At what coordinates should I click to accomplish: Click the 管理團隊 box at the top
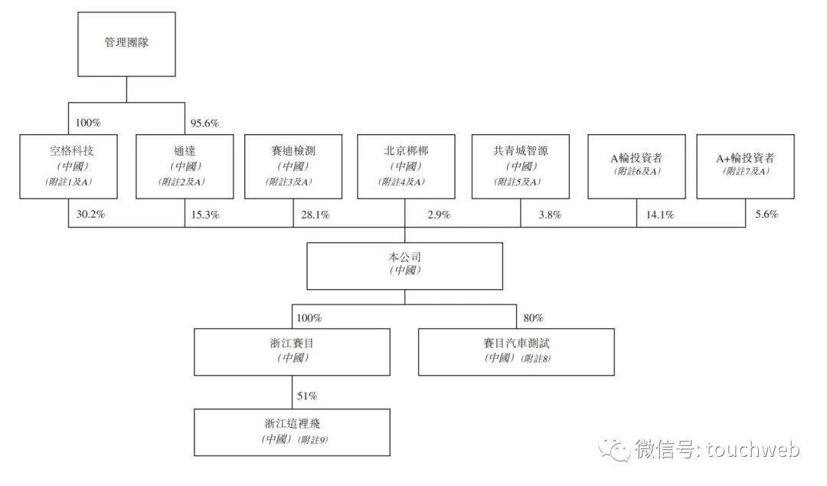(126, 43)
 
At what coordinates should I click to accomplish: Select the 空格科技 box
(69, 166)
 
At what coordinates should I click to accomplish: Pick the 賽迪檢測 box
(293, 166)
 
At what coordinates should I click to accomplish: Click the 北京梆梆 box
(406, 166)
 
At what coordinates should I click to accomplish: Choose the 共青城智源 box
(521, 166)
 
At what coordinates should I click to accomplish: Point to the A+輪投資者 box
(745, 166)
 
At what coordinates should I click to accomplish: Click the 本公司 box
(405, 266)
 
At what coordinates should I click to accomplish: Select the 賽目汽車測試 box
(516, 352)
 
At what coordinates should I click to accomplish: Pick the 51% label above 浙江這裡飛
(306, 396)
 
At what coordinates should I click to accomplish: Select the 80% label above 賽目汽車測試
(533, 317)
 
